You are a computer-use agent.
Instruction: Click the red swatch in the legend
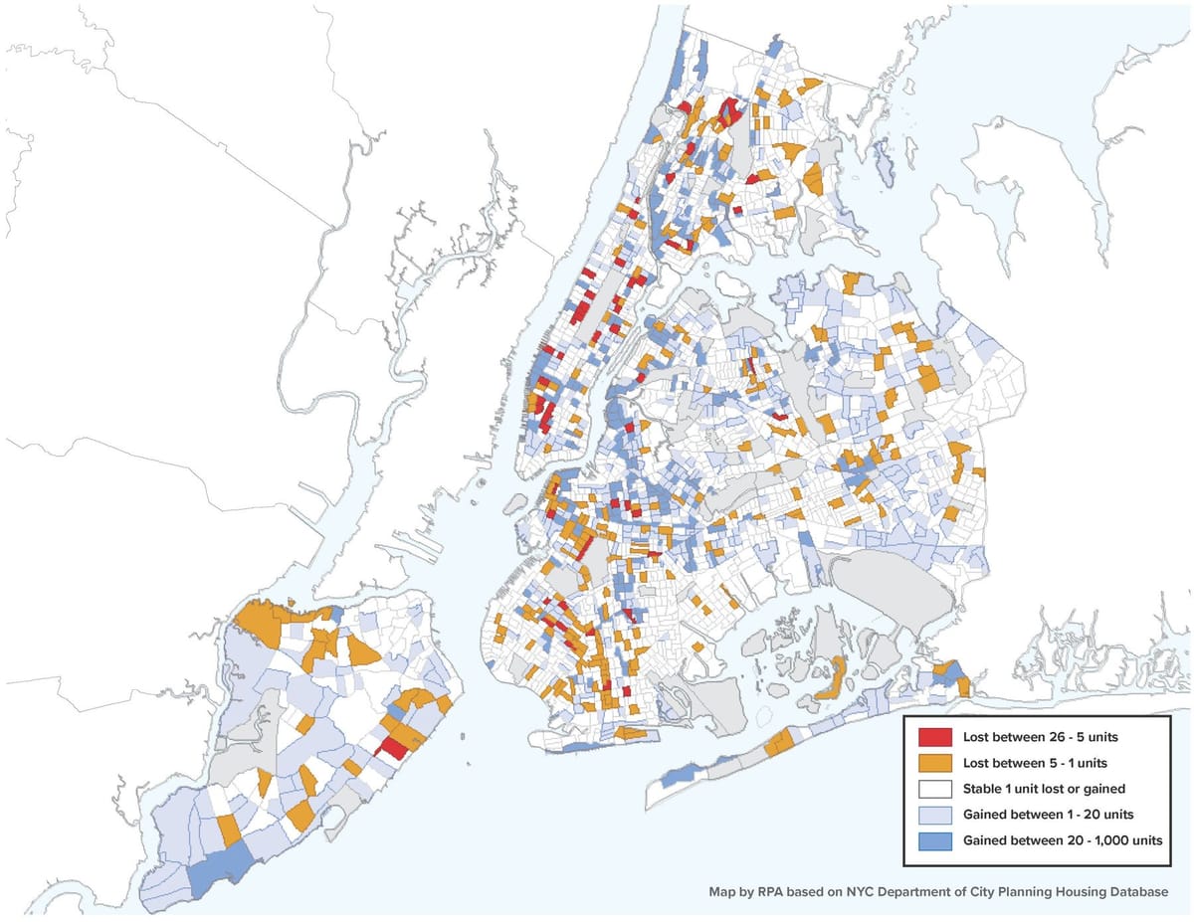(x=934, y=738)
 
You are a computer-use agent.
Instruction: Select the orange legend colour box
(x=934, y=764)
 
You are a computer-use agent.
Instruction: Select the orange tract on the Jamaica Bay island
(x=831, y=678)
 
